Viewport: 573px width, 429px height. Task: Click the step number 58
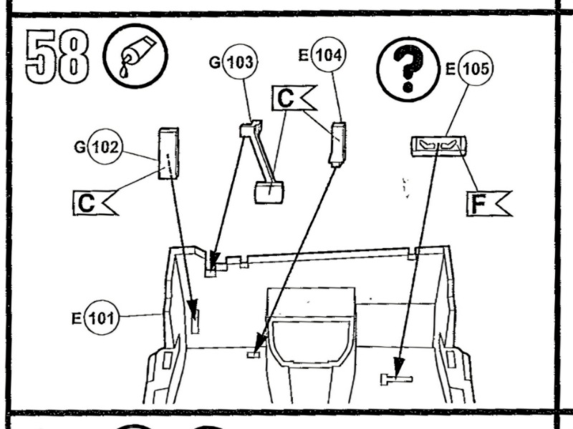coord(57,56)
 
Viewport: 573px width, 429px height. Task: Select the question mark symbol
coord(408,69)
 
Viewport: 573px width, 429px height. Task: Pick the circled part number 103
coord(240,63)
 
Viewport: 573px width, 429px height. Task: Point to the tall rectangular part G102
coord(168,154)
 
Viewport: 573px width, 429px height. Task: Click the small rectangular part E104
coord(337,143)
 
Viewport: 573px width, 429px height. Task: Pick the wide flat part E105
coord(438,145)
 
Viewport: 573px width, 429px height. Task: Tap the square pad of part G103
coord(269,192)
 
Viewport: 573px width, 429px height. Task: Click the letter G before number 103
coord(215,63)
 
